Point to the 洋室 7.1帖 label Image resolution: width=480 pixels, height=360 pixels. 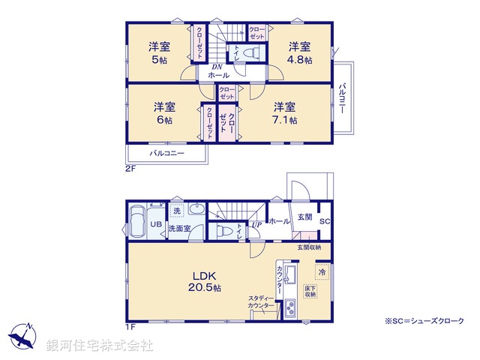pos(284,112)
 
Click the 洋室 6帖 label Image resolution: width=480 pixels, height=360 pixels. pos(164,112)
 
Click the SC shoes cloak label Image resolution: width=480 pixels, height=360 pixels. pos(325,222)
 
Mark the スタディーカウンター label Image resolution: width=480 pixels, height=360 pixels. pos(262,302)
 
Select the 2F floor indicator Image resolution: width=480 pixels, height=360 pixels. pos(130,169)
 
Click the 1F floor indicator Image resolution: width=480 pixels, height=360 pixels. pos(130,328)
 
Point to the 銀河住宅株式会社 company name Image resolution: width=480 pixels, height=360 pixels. pos(100,346)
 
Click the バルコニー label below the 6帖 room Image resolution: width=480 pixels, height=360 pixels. pos(167,153)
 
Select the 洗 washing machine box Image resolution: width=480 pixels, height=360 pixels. pos(176,211)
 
